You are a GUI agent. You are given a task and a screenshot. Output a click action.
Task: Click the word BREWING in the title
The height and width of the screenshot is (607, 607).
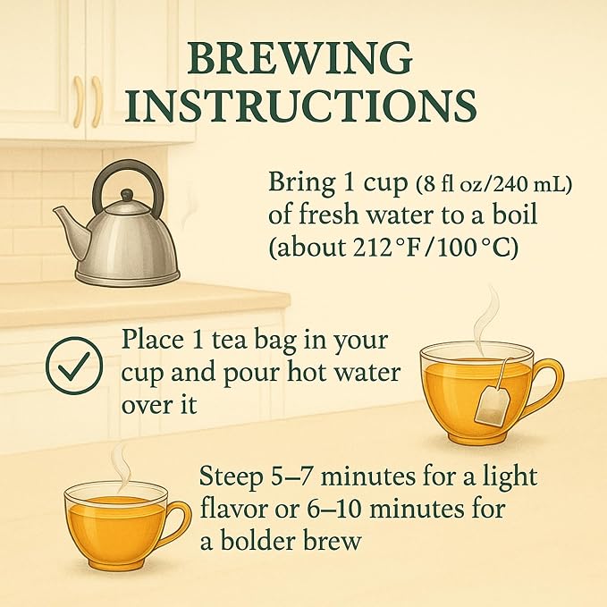point(299,58)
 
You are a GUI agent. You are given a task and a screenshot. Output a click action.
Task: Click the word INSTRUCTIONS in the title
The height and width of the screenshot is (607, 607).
point(300,105)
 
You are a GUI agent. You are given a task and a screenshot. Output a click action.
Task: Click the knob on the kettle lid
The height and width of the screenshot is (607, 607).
point(126,195)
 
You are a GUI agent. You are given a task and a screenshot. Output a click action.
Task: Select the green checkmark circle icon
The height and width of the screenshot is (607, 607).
point(74,366)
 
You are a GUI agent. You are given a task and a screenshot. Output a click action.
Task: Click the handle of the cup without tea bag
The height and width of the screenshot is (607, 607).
point(180,523)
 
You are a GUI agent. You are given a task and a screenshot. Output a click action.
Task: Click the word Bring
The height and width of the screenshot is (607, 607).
point(302,183)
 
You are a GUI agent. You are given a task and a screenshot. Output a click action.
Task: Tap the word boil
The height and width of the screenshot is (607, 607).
point(515,214)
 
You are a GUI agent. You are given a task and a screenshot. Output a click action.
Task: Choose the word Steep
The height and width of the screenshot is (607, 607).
point(231,477)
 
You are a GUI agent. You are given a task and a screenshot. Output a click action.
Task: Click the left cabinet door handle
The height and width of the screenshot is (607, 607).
point(79,101)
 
